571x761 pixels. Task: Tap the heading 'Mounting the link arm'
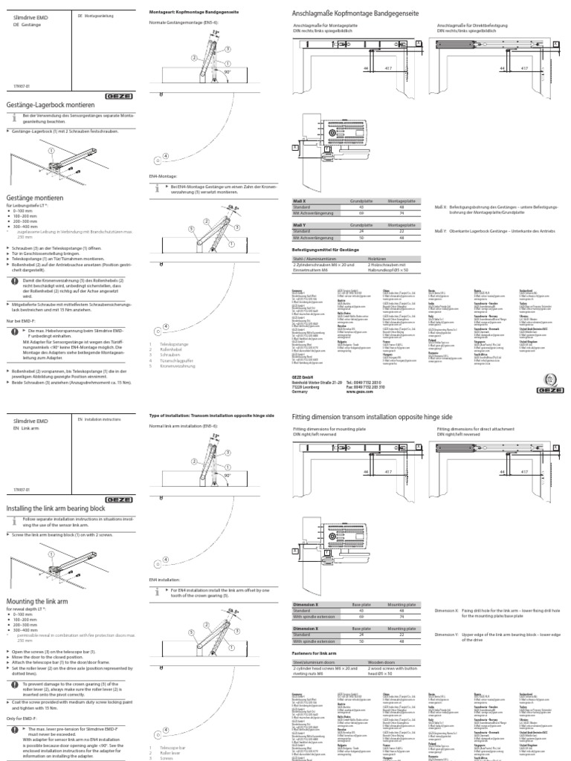[39, 580]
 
